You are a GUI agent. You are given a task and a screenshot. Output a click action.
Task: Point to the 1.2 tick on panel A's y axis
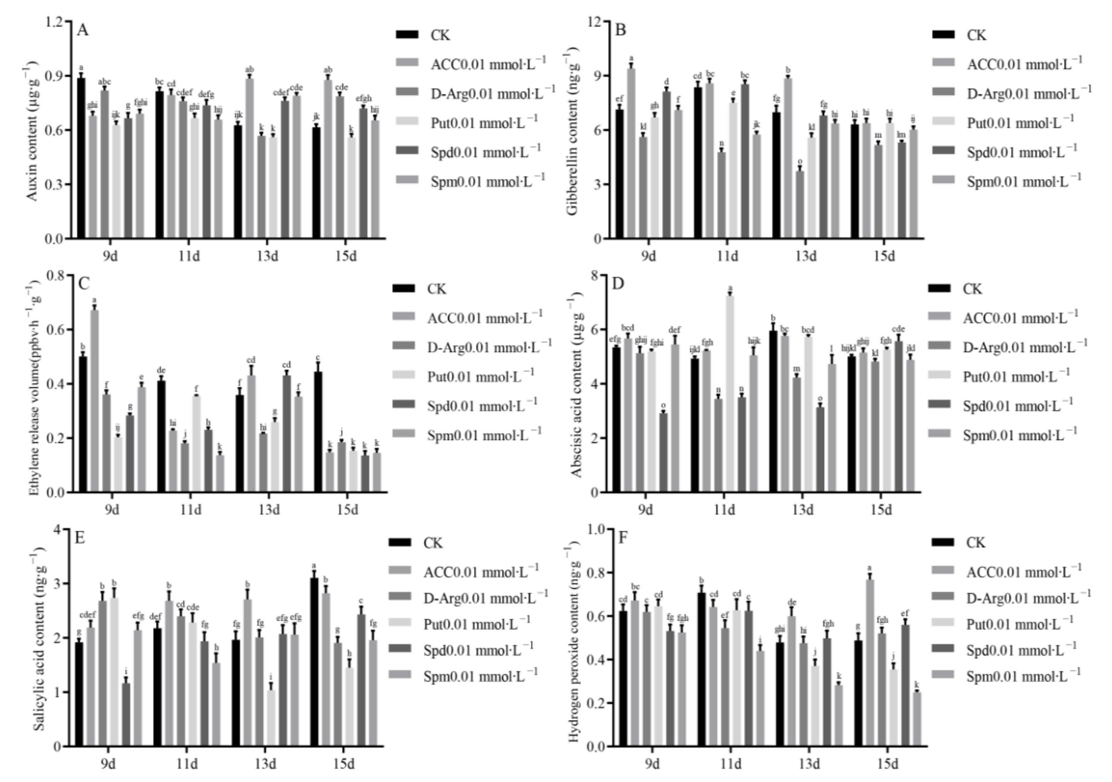[x=54, y=22]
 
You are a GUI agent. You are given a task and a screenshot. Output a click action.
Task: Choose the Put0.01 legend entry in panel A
[x=483, y=123]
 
